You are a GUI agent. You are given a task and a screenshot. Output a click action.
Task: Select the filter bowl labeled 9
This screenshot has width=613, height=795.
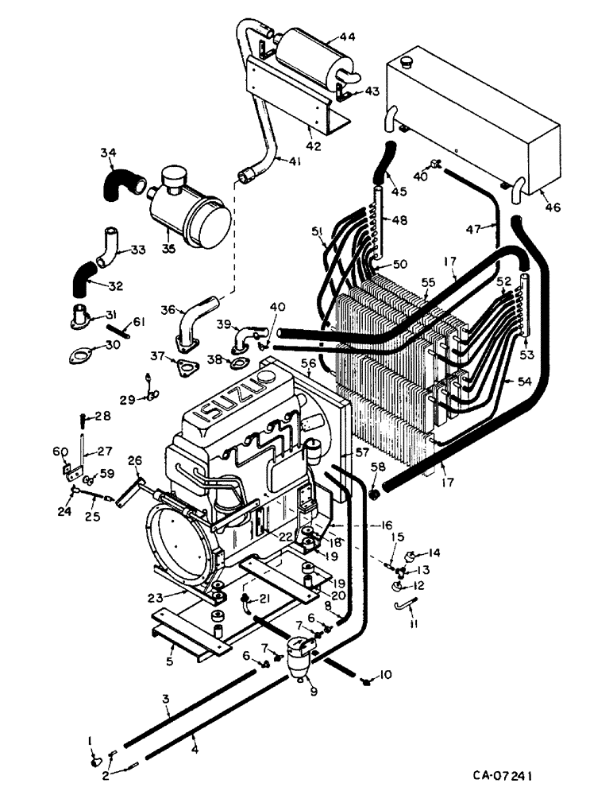coord(299,653)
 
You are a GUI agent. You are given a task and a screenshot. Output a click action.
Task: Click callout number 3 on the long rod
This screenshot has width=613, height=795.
coord(166,698)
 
